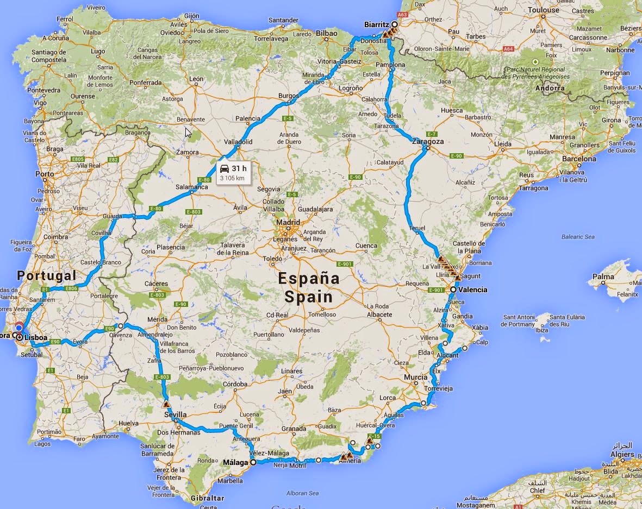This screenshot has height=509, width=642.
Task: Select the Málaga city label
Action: click(x=235, y=463)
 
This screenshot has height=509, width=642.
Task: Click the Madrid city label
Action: click(x=288, y=222)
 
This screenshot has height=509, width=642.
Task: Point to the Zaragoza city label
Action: click(x=428, y=141)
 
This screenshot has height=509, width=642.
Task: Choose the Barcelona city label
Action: click(x=579, y=159)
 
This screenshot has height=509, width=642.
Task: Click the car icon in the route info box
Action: click(x=224, y=169)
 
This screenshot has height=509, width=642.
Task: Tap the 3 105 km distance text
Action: click(x=232, y=178)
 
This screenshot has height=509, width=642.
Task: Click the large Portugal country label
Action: click(x=46, y=275)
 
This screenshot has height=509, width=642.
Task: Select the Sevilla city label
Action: click(x=175, y=415)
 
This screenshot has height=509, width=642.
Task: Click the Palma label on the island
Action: click(x=603, y=277)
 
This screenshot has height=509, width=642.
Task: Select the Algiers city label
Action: click(x=622, y=454)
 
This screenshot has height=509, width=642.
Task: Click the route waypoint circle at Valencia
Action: click(x=453, y=290)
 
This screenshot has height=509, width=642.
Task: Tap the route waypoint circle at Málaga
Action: click(x=253, y=463)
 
